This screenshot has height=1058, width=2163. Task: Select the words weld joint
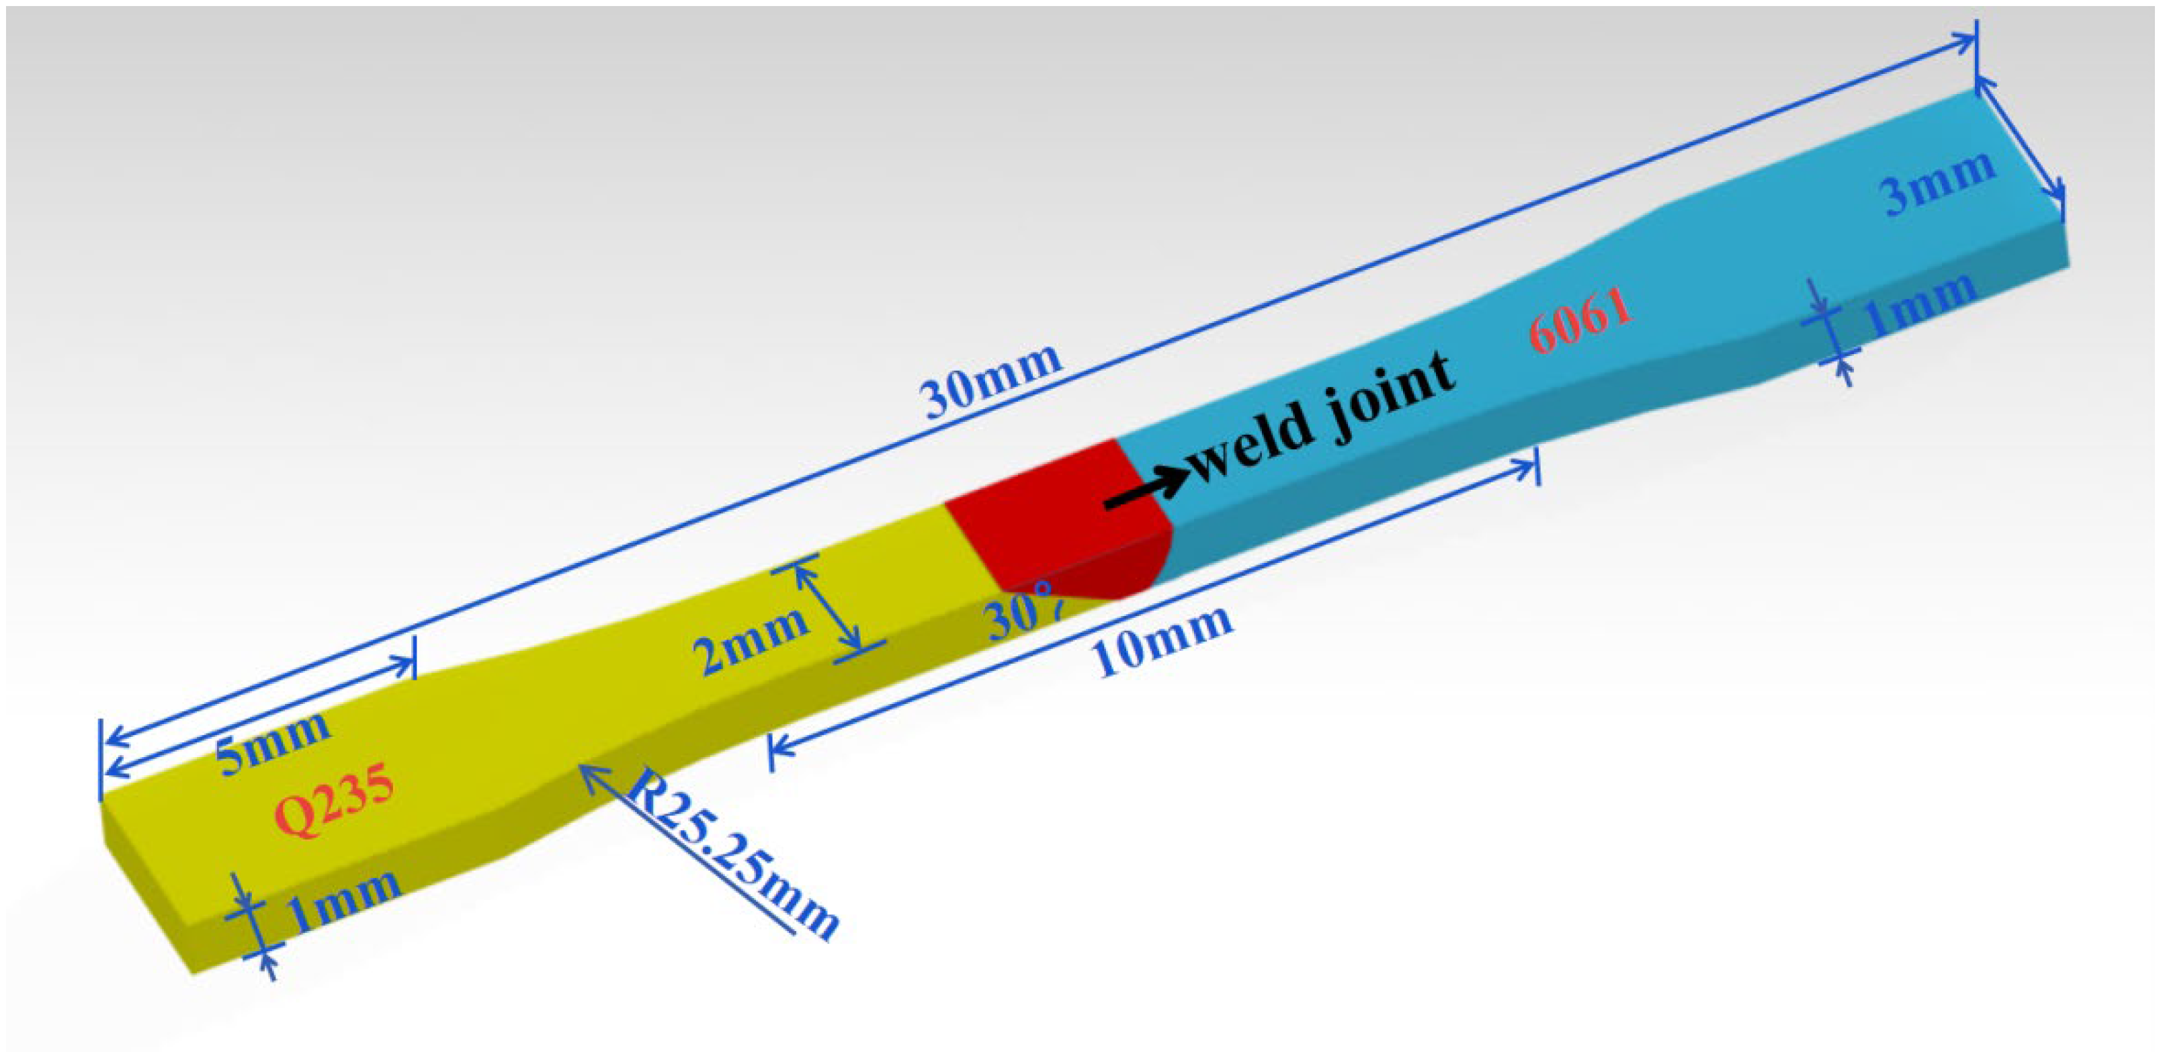coord(1322,420)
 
